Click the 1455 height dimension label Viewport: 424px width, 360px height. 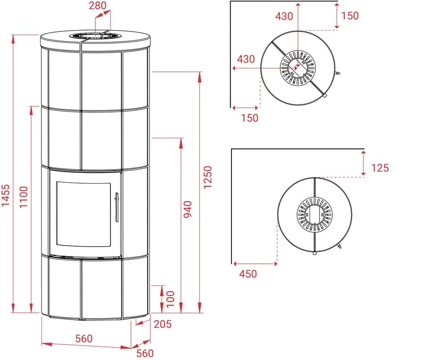click(x=6, y=195)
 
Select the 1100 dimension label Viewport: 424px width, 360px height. click(x=24, y=197)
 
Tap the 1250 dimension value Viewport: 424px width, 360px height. click(x=207, y=177)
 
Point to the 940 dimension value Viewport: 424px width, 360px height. click(x=187, y=209)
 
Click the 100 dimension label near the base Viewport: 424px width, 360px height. click(x=170, y=299)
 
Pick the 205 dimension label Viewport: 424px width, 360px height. click(x=163, y=324)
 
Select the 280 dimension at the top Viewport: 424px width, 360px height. click(x=98, y=5)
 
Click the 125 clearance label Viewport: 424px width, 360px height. click(x=380, y=168)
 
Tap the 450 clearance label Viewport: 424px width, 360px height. click(x=248, y=274)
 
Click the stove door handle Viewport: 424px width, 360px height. click(x=117, y=207)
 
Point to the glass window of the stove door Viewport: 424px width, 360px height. click(x=84, y=214)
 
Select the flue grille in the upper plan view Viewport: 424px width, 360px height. click(x=298, y=68)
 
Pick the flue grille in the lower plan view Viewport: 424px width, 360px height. click(x=315, y=215)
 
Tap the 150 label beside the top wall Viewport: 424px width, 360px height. click(x=350, y=16)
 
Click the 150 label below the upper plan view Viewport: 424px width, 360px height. click(x=249, y=118)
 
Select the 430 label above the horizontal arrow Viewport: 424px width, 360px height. click(x=246, y=59)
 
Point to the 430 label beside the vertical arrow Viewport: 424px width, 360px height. click(x=284, y=16)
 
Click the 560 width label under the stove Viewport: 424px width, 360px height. click(x=84, y=338)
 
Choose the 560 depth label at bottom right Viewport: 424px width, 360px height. click(x=144, y=353)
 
